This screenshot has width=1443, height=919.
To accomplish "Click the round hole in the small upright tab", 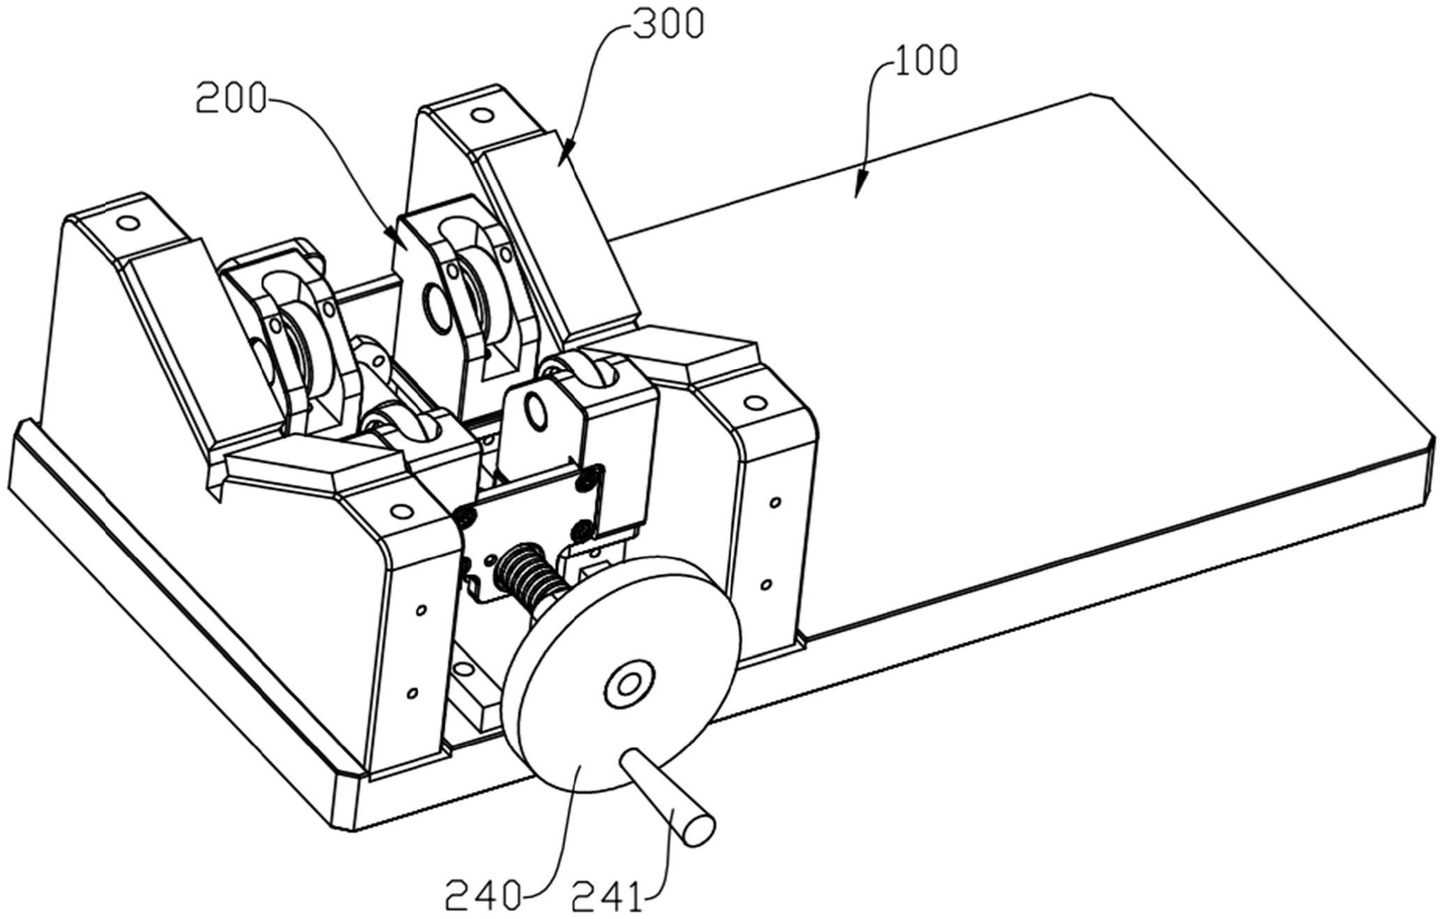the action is click(538, 412).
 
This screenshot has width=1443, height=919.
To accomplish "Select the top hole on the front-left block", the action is click(400, 511).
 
